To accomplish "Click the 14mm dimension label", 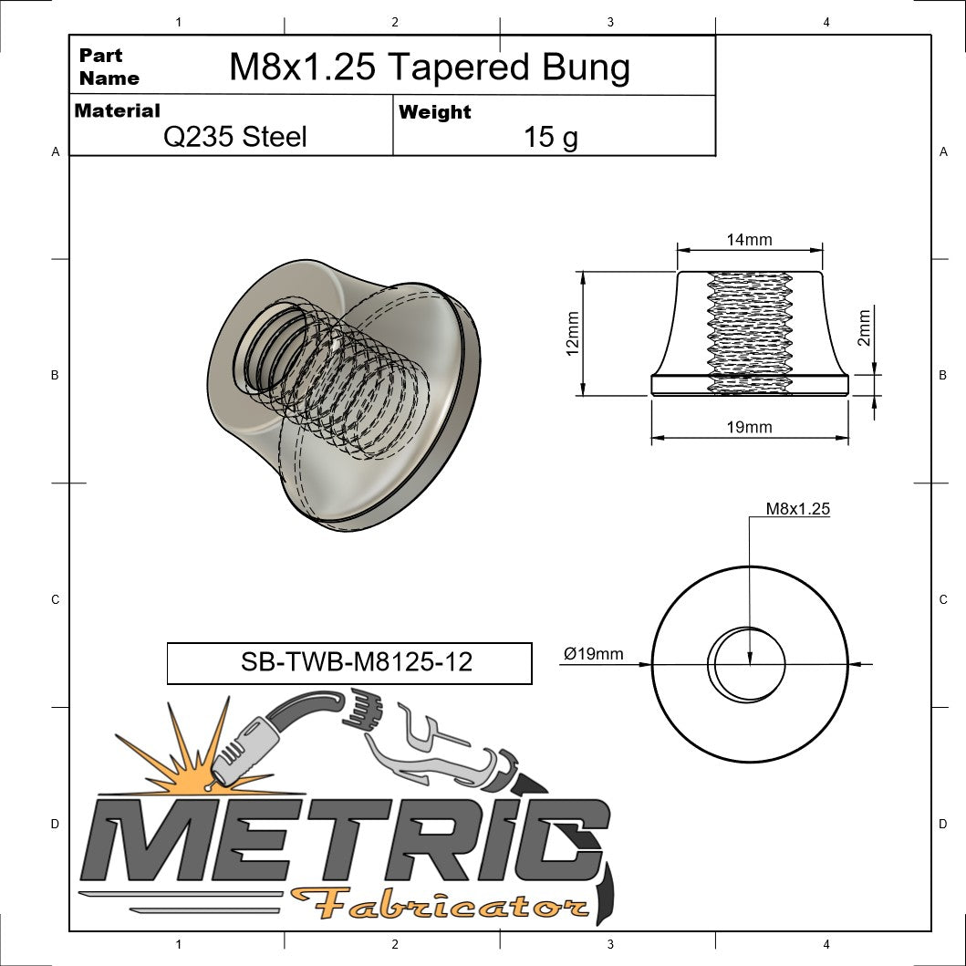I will coord(749,240).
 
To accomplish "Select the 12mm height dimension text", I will coord(573,334).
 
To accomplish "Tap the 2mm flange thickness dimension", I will coord(864,327).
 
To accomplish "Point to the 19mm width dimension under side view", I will coord(749,427).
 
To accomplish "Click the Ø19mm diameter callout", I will coord(594,653).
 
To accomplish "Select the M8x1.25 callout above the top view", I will coord(797,509).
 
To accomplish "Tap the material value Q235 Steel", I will coord(234,137).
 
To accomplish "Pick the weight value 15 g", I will coord(550,138).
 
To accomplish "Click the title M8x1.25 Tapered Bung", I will coord(429,67).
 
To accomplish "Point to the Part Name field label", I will coord(109,67).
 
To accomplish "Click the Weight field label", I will coord(435,112).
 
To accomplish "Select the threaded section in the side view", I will coord(749,328).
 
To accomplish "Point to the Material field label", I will coord(117,110).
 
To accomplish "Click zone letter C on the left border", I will coord(55,599).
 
